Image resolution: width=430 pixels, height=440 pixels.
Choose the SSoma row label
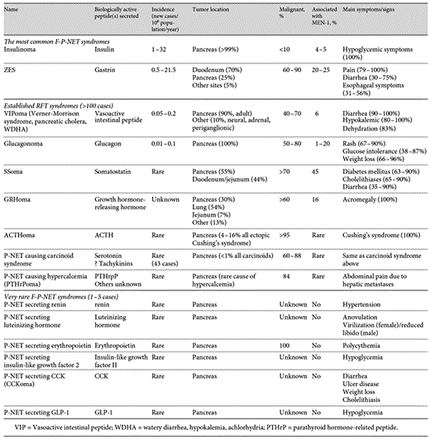tap(17, 168)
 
